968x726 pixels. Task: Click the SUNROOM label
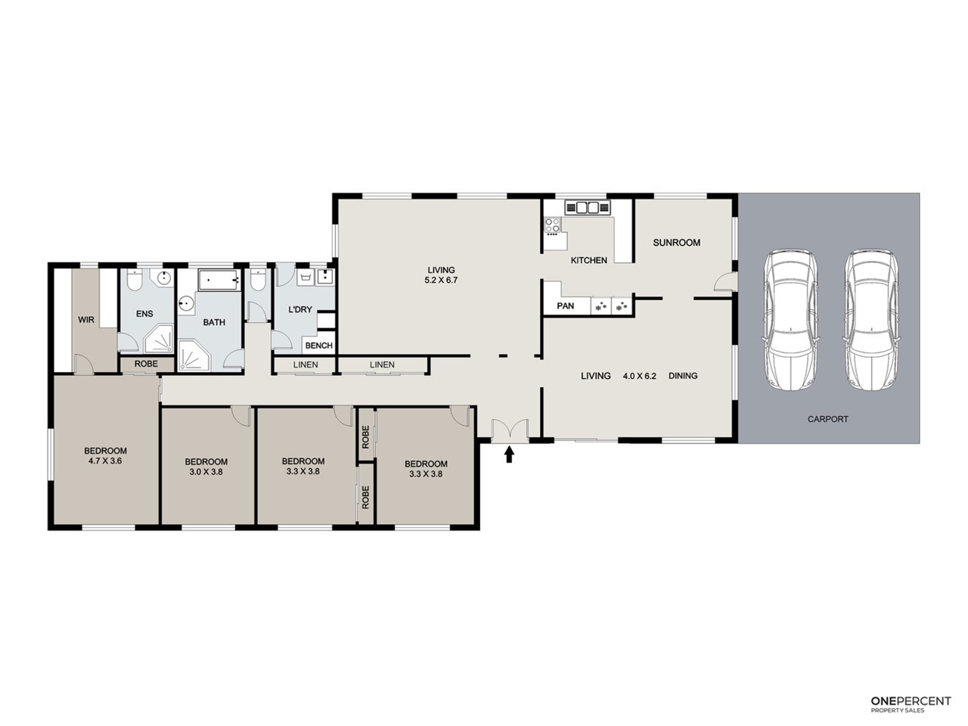tap(676, 243)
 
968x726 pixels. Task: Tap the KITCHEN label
tap(588, 260)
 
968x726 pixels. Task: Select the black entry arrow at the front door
tap(510, 454)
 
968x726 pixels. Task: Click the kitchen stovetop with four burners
tap(553, 225)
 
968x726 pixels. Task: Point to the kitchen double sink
tap(588, 207)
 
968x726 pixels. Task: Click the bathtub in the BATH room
tap(219, 281)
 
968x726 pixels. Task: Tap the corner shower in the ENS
tap(159, 339)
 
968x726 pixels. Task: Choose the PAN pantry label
tap(566, 306)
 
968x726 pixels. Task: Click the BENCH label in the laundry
tap(319, 346)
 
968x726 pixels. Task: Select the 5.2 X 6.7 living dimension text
tap(441, 280)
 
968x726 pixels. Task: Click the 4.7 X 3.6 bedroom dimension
tap(105, 461)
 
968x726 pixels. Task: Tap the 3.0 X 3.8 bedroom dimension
tap(206, 472)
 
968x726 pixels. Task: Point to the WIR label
tap(86, 320)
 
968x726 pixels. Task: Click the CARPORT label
tap(828, 419)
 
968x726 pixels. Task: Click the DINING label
tap(683, 376)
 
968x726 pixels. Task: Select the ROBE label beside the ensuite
tap(146, 364)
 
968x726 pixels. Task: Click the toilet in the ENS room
tap(135, 281)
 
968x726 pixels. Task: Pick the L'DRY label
tap(300, 309)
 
